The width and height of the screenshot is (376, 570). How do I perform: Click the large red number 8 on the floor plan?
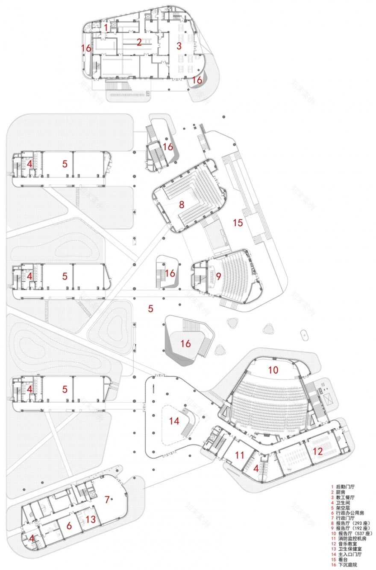pos(182,204)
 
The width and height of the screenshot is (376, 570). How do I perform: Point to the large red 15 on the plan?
pos(238,222)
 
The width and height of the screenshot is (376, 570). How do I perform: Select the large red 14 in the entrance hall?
pos(174,421)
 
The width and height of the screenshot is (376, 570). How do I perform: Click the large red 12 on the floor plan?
pos(317,451)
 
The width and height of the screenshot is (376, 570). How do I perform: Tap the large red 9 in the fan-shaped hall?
pos(218,276)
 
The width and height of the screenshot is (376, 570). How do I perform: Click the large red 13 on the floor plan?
pos(91,519)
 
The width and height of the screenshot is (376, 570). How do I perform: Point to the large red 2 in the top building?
pos(139,42)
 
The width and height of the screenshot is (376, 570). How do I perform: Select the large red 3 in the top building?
pos(179,45)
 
